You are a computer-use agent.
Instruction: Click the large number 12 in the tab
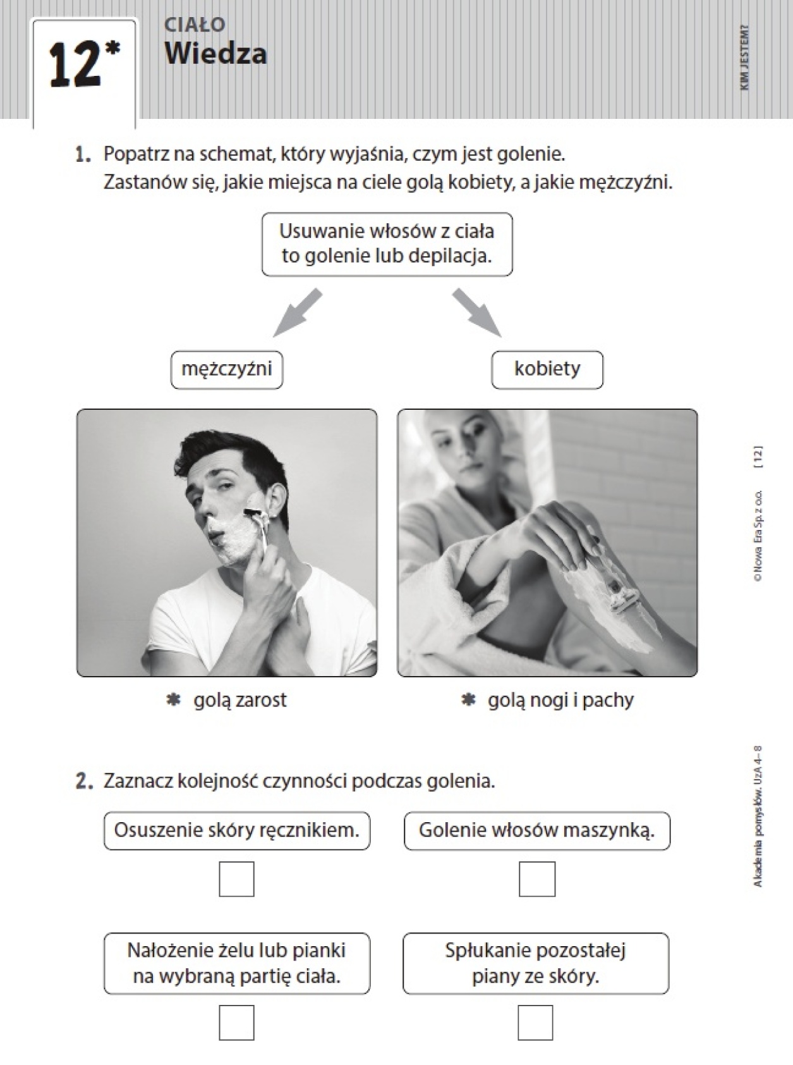coord(75,65)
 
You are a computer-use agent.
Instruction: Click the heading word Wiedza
coord(215,53)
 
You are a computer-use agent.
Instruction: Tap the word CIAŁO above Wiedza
coord(195,24)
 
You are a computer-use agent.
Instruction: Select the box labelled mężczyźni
coord(227,370)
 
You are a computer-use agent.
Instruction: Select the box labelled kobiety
coord(547,370)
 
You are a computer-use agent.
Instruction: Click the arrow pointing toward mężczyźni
coord(297,313)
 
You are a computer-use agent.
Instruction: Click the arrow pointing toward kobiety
coord(477,313)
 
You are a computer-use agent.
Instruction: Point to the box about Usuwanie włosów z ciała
coord(387,244)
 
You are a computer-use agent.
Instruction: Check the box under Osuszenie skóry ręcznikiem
coord(237,879)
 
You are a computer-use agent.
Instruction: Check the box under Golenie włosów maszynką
coord(537,879)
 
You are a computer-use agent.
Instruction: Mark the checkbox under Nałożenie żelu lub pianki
coord(237,1023)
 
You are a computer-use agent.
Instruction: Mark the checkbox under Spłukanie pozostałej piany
coord(536,1023)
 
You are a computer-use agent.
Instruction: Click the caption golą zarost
coord(240,700)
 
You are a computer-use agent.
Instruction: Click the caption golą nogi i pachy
coord(560,700)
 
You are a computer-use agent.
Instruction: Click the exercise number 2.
coord(83,782)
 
